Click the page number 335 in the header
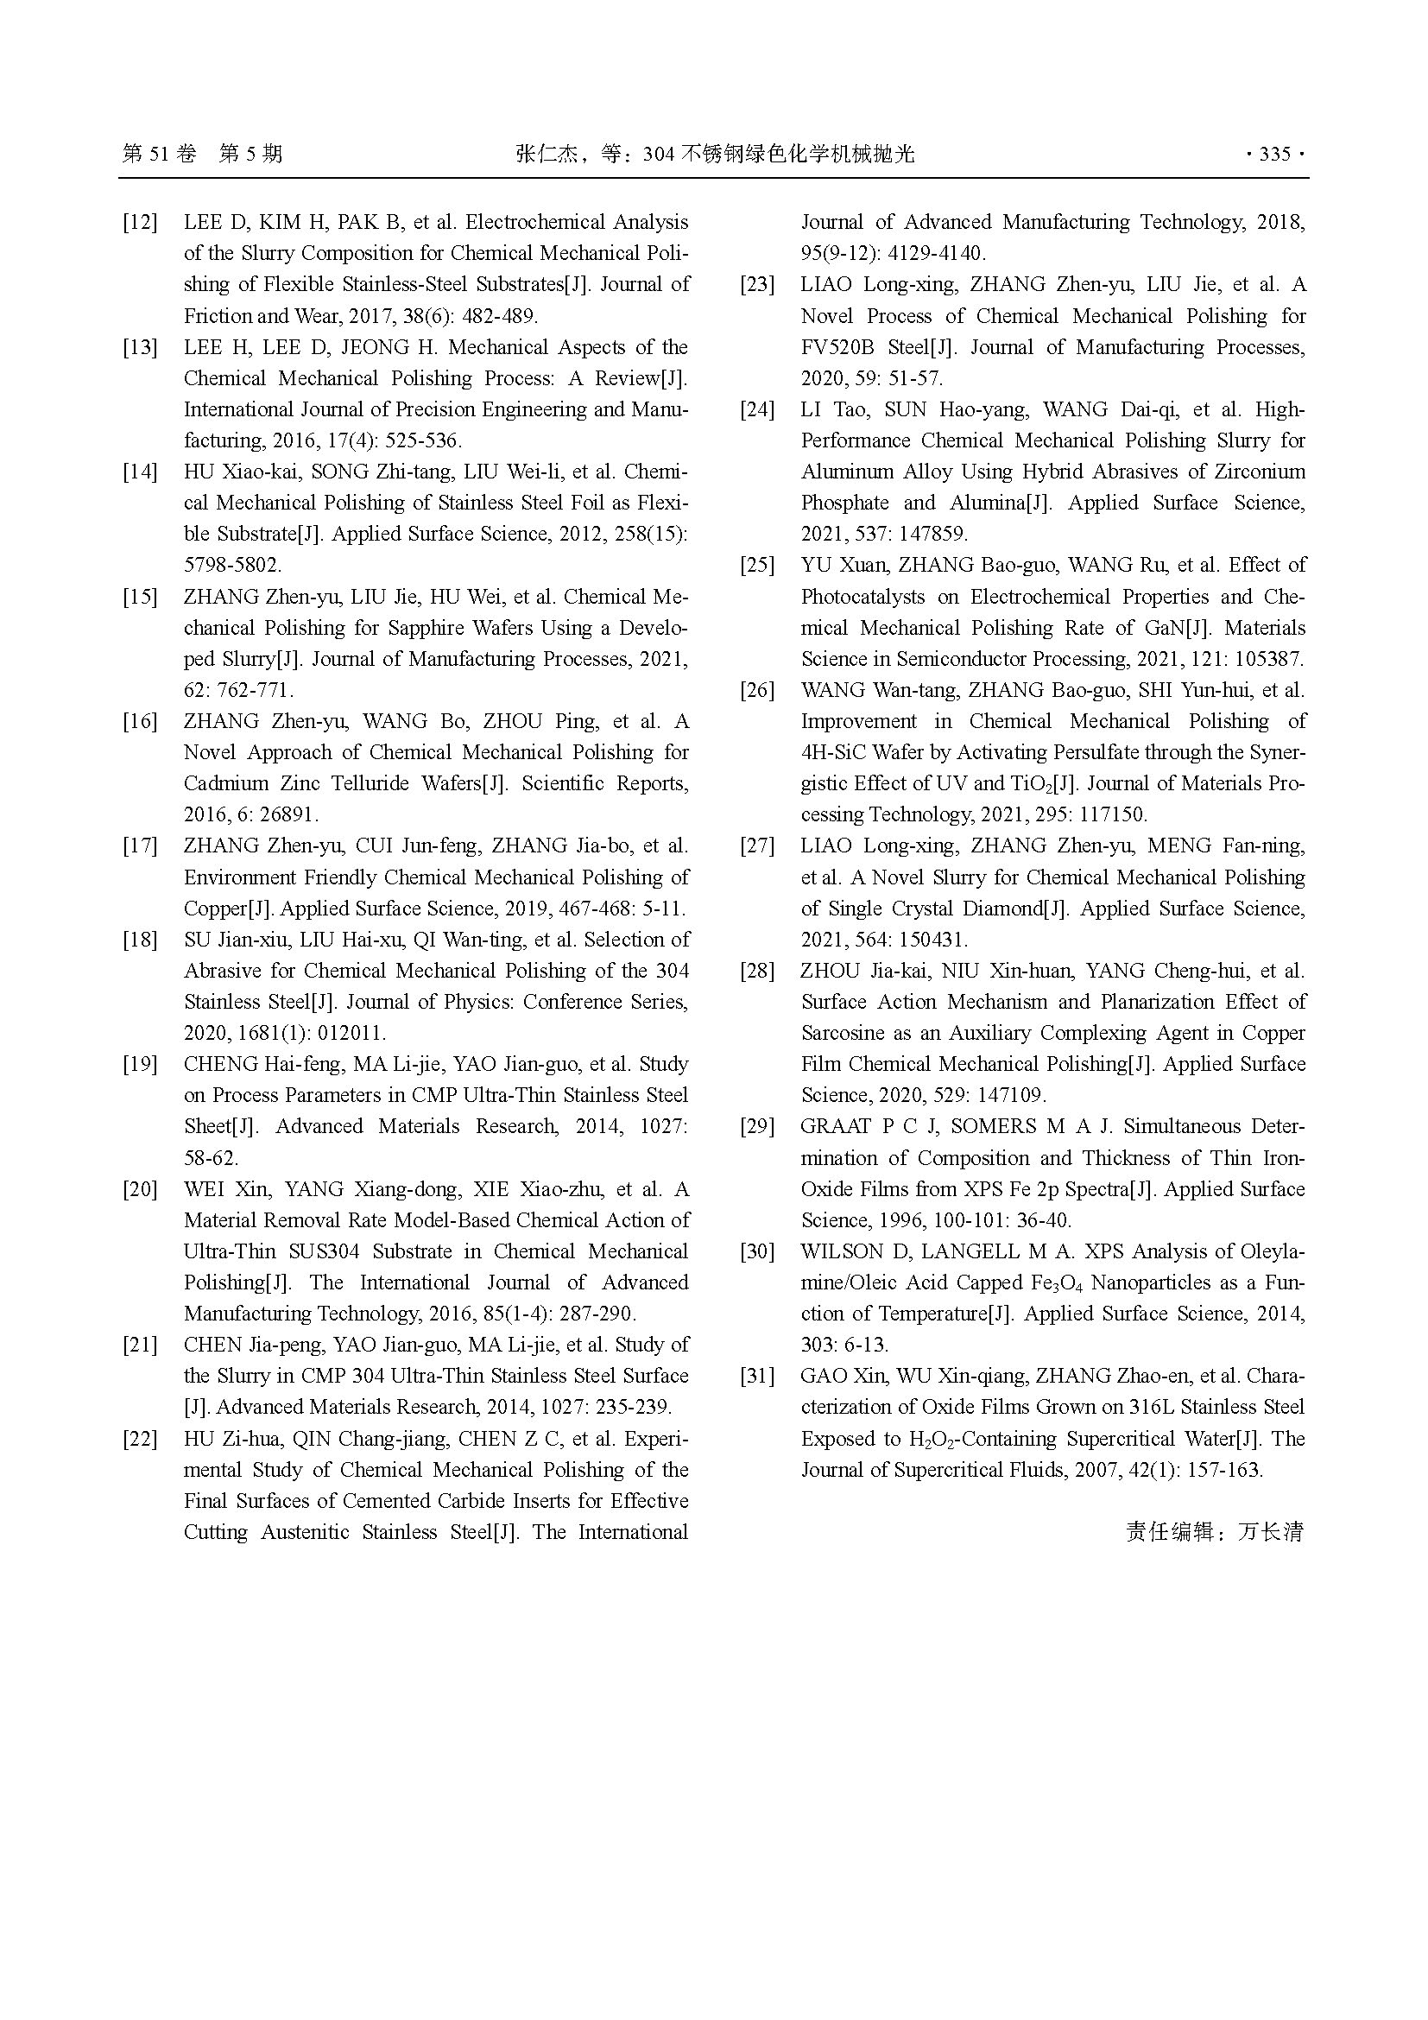[1274, 155]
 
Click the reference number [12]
[140, 223]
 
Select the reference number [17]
[140, 846]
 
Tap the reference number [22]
[140, 1440]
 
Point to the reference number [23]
[757, 285]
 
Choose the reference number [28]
[757, 972]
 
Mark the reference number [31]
[757, 1377]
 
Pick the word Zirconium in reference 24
[1261, 472]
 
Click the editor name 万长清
[1271, 1533]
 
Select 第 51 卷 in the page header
[159, 155]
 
